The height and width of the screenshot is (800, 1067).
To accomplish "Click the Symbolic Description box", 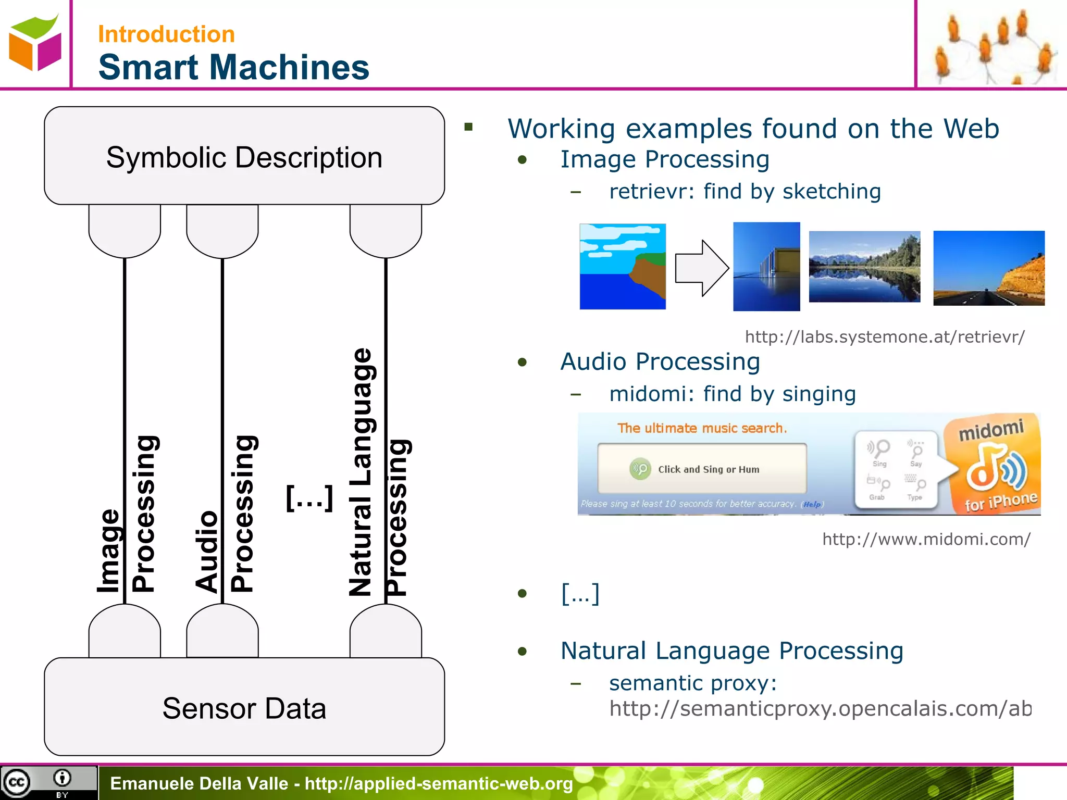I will tap(244, 156).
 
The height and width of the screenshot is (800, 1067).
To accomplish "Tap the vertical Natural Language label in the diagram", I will tap(361, 471).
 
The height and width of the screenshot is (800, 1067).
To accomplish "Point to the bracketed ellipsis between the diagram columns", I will tap(309, 498).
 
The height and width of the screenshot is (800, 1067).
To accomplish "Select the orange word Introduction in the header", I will tap(166, 34).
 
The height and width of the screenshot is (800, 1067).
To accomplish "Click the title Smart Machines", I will tap(233, 67).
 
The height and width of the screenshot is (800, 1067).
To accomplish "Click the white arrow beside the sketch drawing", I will tap(701, 268).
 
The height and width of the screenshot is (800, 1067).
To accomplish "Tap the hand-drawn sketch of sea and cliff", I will tap(623, 266).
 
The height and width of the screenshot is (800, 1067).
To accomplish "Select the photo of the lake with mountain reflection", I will tap(864, 267).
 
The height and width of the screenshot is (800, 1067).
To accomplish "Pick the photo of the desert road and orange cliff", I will tap(988, 268).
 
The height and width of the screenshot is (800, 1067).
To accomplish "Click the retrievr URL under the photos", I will tap(885, 337).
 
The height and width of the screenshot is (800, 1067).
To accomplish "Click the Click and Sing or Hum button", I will tap(702, 469).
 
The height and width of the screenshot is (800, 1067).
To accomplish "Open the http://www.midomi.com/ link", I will tap(926, 539).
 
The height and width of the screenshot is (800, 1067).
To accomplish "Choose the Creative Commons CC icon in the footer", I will tap(17, 782).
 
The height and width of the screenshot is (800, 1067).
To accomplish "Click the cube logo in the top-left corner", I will tap(35, 43).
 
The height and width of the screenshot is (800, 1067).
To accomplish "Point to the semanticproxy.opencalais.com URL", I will tap(820, 708).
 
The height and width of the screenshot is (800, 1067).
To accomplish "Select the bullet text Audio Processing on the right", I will tap(660, 361).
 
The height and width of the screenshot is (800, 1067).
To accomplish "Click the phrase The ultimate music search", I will tap(702, 428).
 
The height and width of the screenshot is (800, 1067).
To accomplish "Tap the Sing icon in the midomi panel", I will tap(879, 452).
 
